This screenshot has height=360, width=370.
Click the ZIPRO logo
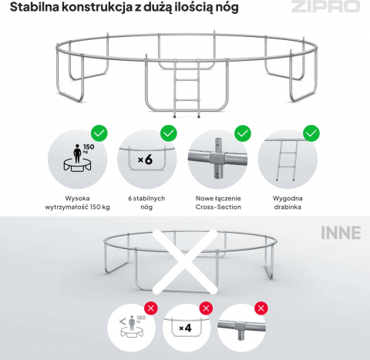(x=325, y=6)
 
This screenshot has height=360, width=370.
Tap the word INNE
(x=341, y=233)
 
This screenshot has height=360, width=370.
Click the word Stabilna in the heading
(x=35, y=7)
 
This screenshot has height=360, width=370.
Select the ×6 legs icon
(x=146, y=160)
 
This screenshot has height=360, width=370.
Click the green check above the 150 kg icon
(x=99, y=133)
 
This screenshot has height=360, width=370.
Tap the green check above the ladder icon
(x=311, y=133)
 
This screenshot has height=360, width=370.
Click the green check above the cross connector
(x=243, y=133)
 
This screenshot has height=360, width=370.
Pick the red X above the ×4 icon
(x=206, y=308)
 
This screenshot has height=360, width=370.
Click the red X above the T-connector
(x=261, y=308)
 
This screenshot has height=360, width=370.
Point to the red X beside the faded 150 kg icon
(x=151, y=308)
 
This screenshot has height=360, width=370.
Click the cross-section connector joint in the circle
(x=217, y=158)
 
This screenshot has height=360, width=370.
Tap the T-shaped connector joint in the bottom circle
(x=241, y=328)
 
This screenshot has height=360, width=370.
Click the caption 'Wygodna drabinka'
(x=288, y=203)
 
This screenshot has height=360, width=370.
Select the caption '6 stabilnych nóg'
(x=146, y=203)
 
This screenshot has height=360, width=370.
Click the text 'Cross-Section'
(x=218, y=207)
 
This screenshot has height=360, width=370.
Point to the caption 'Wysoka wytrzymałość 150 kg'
(x=77, y=203)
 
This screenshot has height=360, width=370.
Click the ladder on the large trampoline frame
(x=187, y=88)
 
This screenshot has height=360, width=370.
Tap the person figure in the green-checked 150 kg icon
(x=77, y=153)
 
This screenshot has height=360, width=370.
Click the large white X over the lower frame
(x=185, y=261)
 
